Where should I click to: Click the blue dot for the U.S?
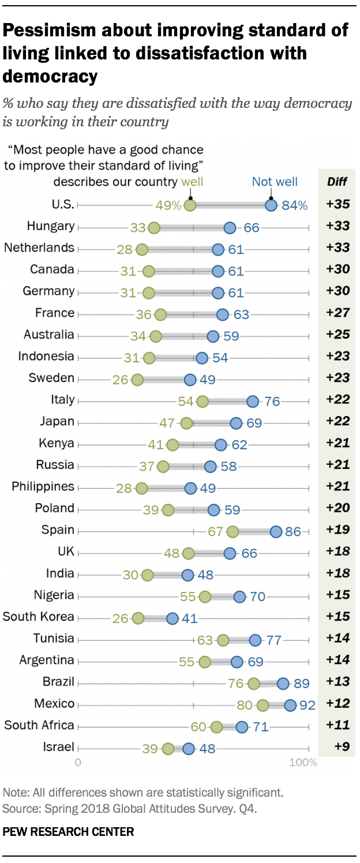coord(271,205)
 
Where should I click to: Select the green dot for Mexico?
coord(263,705)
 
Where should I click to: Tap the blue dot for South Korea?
coord(172,618)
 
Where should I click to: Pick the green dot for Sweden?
coord(137,380)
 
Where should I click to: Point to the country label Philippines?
coord(43,486)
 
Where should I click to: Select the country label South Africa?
coord(39,725)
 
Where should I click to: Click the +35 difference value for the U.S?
coord(338,204)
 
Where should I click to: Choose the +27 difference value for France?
coord(338,313)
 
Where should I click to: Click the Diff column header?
coord(336,182)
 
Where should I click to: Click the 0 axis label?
coord(78,763)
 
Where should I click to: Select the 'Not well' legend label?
coord(275,182)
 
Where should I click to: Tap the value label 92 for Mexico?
coord(306,704)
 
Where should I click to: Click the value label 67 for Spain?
coord(216,531)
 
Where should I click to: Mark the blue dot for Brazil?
coord(283,683)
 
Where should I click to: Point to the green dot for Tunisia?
coord(223,640)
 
